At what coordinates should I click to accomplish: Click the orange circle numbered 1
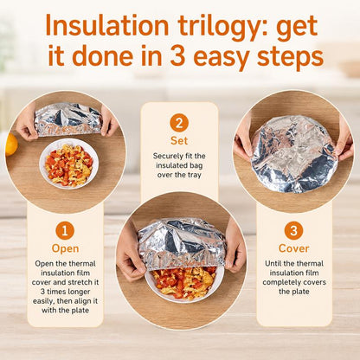[65, 230]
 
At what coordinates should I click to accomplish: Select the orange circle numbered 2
[179, 123]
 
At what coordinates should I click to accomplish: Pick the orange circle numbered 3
[293, 230]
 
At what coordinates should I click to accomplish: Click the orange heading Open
[65, 248]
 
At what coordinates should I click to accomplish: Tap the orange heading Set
[179, 140]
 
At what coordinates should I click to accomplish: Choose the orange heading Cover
[294, 248]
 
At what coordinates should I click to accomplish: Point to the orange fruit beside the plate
[11, 145]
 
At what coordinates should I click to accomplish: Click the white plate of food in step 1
[69, 164]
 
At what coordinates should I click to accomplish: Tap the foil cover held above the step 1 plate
[68, 119]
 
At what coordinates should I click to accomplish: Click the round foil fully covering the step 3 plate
[293, 153]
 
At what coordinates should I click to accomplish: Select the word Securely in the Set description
[168, 156]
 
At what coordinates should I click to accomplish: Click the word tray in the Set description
[194, 175]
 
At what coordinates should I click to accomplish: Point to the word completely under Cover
[280, 282]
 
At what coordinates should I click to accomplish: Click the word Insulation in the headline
[107, 26]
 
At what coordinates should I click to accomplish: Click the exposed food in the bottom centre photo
[184, 282]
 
